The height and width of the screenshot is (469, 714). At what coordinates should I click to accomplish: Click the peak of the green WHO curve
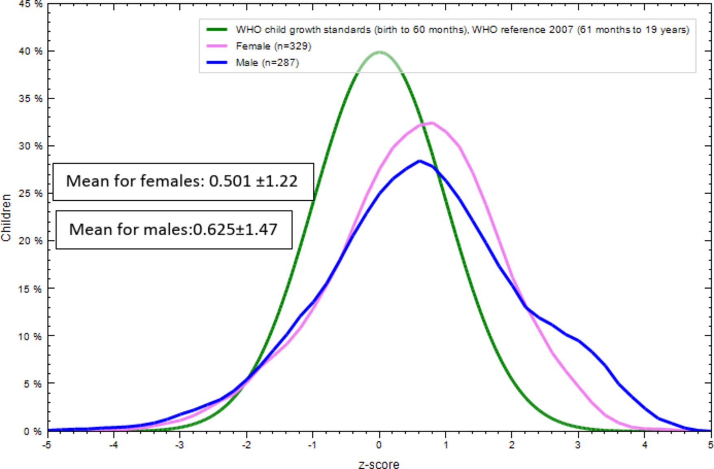[380, 52]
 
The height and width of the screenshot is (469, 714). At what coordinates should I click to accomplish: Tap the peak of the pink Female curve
[432, 123]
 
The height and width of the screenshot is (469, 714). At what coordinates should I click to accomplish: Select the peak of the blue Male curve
[419, 161]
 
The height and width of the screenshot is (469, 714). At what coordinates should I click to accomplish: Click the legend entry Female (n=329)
[273, 46]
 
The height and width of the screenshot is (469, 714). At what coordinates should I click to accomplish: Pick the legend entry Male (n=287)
[267, 63]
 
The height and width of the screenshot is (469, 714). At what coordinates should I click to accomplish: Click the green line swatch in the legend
[217, 29]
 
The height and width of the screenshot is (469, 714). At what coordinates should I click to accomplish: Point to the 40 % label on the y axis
[30, 51]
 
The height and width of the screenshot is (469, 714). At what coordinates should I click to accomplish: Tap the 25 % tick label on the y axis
[30, 193]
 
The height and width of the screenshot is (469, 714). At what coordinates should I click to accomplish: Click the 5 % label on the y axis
[33, 384]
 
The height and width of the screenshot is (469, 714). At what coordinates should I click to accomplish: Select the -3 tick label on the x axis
[179, 445]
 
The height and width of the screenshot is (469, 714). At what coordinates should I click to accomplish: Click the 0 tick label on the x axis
[379, 445]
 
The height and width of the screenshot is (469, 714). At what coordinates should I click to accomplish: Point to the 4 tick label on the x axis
[644, 445]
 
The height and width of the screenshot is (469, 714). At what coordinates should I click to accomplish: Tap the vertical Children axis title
[6, 217]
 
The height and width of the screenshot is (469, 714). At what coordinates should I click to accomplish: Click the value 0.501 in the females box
[230, 181]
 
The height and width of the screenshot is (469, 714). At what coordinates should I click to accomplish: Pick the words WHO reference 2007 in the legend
[522, 30]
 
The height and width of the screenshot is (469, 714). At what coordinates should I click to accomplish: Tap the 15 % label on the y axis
[30, 289]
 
